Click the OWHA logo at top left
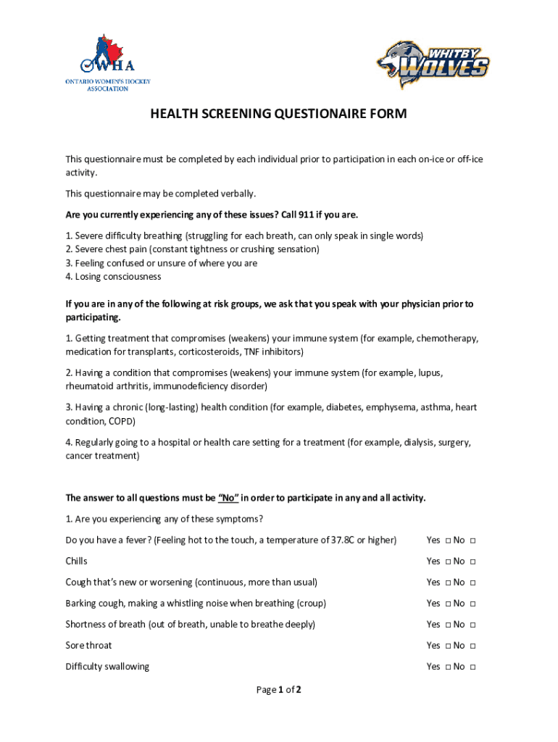(x=107, y=63)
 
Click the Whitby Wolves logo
(x=433, y=64)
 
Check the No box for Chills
(x=472, y=562)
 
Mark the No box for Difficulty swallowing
(x=472, y=667)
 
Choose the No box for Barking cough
(x=472, y=604)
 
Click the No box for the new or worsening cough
(x=472, y=583)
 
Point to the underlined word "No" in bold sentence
(x=228, y=498)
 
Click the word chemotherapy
(x=447, y=338)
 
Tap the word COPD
(x=121, y=421)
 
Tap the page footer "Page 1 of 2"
(x=278, y=690)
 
